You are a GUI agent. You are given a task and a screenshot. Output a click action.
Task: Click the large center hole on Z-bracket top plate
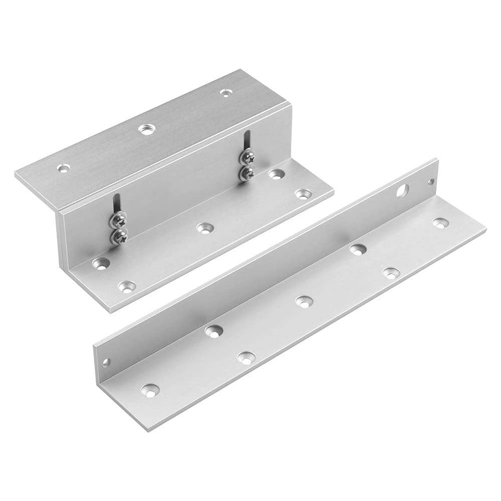[147, 129]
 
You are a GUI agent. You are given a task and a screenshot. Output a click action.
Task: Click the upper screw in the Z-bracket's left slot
[119, 219]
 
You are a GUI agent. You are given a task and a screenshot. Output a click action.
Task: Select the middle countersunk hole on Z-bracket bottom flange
[203, 228]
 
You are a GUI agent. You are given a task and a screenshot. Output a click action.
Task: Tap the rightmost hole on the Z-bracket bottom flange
[302, 194]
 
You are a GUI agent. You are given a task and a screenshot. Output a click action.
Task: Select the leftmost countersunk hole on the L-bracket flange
[149, 390]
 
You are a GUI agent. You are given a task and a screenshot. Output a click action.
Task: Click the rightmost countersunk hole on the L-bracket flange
[439, 222]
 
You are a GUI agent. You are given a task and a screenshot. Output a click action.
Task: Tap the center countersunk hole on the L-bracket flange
[302, 301]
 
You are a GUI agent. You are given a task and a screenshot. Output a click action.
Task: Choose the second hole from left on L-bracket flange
[213, 330]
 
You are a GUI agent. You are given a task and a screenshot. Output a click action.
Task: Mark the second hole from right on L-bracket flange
[391, 272]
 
